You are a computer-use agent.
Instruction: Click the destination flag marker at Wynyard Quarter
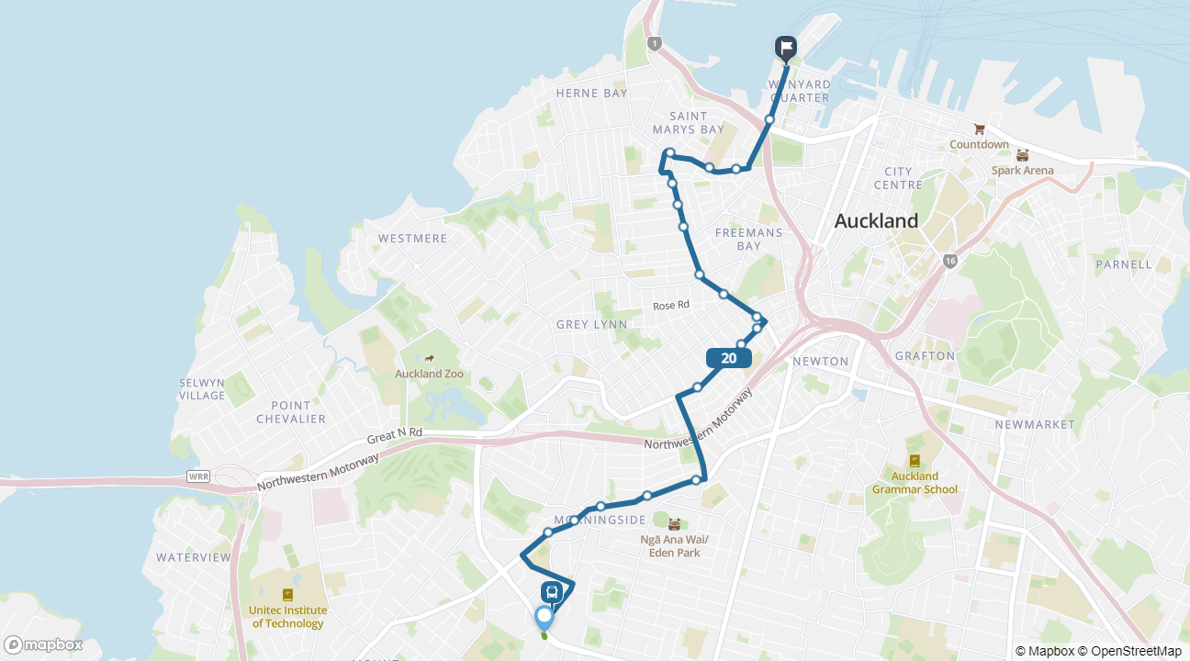point(785,48)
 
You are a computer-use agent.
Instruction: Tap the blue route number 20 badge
point(729,358)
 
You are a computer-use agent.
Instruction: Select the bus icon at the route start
point(552,592)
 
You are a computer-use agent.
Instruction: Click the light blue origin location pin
point(544,617)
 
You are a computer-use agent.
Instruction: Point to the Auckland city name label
point(875,220)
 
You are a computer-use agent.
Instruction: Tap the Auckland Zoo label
point(429,374)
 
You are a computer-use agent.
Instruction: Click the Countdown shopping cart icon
point(979,129)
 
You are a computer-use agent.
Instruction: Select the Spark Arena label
point(1022,170)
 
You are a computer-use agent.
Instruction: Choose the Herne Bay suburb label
point(592,93)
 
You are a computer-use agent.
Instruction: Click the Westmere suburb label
point(412,239)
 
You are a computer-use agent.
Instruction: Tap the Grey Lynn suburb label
point(591,324)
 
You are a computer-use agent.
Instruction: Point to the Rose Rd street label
point(670,306)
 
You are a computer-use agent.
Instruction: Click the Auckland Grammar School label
point(915,483)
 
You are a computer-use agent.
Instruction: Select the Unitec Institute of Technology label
point(287,617)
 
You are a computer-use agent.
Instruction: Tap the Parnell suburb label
point(1123,264)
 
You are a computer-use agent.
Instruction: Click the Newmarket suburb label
point(1034,424)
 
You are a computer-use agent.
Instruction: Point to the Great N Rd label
point(394,432)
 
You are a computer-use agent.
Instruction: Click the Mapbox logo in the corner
point(43,644)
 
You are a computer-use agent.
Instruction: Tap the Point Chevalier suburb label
point(291,412)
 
